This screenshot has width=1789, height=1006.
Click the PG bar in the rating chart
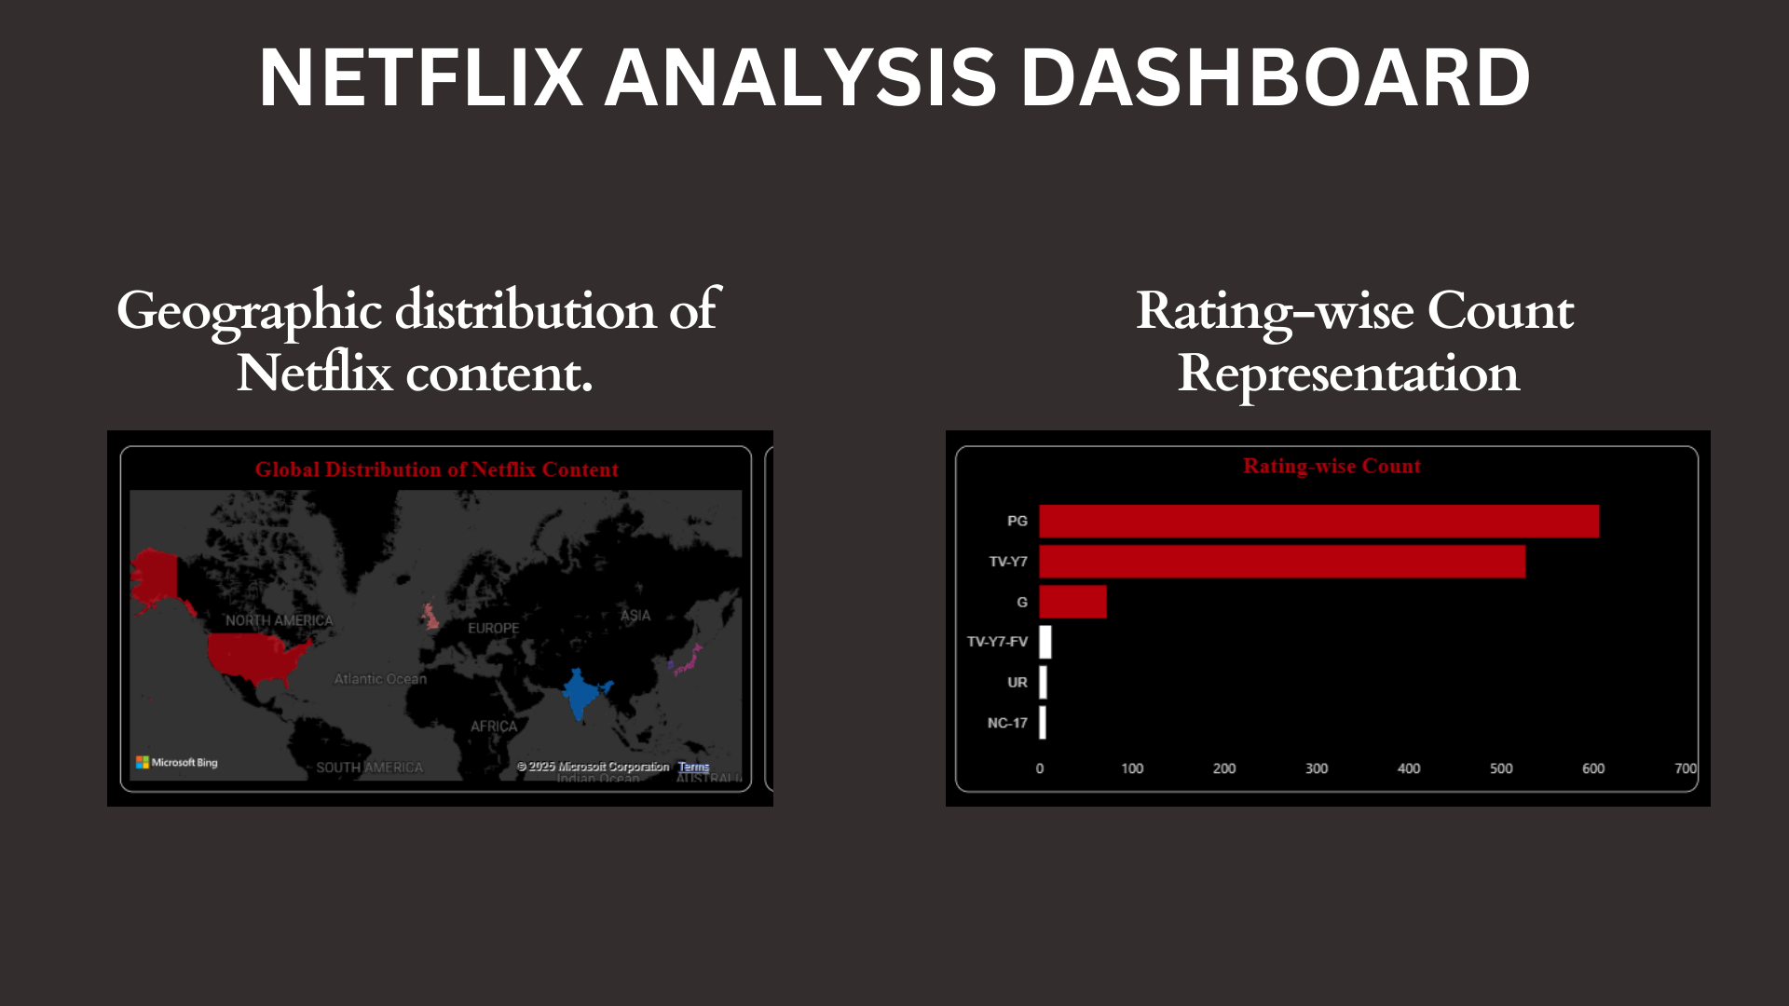click(1318, 522)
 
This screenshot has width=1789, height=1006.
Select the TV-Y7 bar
click(1282, 562)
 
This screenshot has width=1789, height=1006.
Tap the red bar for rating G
click(1072, 602)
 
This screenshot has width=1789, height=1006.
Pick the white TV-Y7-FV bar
click(1045, 642)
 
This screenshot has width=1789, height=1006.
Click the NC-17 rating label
click(1007, 723)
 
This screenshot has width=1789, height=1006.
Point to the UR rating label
click(1017, 683)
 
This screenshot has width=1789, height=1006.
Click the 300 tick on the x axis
click(1316, 768)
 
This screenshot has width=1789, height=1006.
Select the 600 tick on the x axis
click(1592, 768)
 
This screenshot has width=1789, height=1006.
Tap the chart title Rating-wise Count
click(1332, 466)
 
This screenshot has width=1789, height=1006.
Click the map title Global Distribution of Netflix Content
click(436, 469)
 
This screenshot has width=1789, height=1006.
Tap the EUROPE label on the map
click(493, 629)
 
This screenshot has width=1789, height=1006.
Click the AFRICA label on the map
click(493, 727)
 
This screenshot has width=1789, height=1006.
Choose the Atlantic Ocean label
click(380, 679)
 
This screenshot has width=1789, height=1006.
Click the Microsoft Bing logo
click(177, 762)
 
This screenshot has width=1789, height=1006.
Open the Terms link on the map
click(693, 767)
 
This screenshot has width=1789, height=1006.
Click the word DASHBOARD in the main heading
click(1276, 77)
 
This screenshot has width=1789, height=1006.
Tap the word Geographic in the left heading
click(249, 311)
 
